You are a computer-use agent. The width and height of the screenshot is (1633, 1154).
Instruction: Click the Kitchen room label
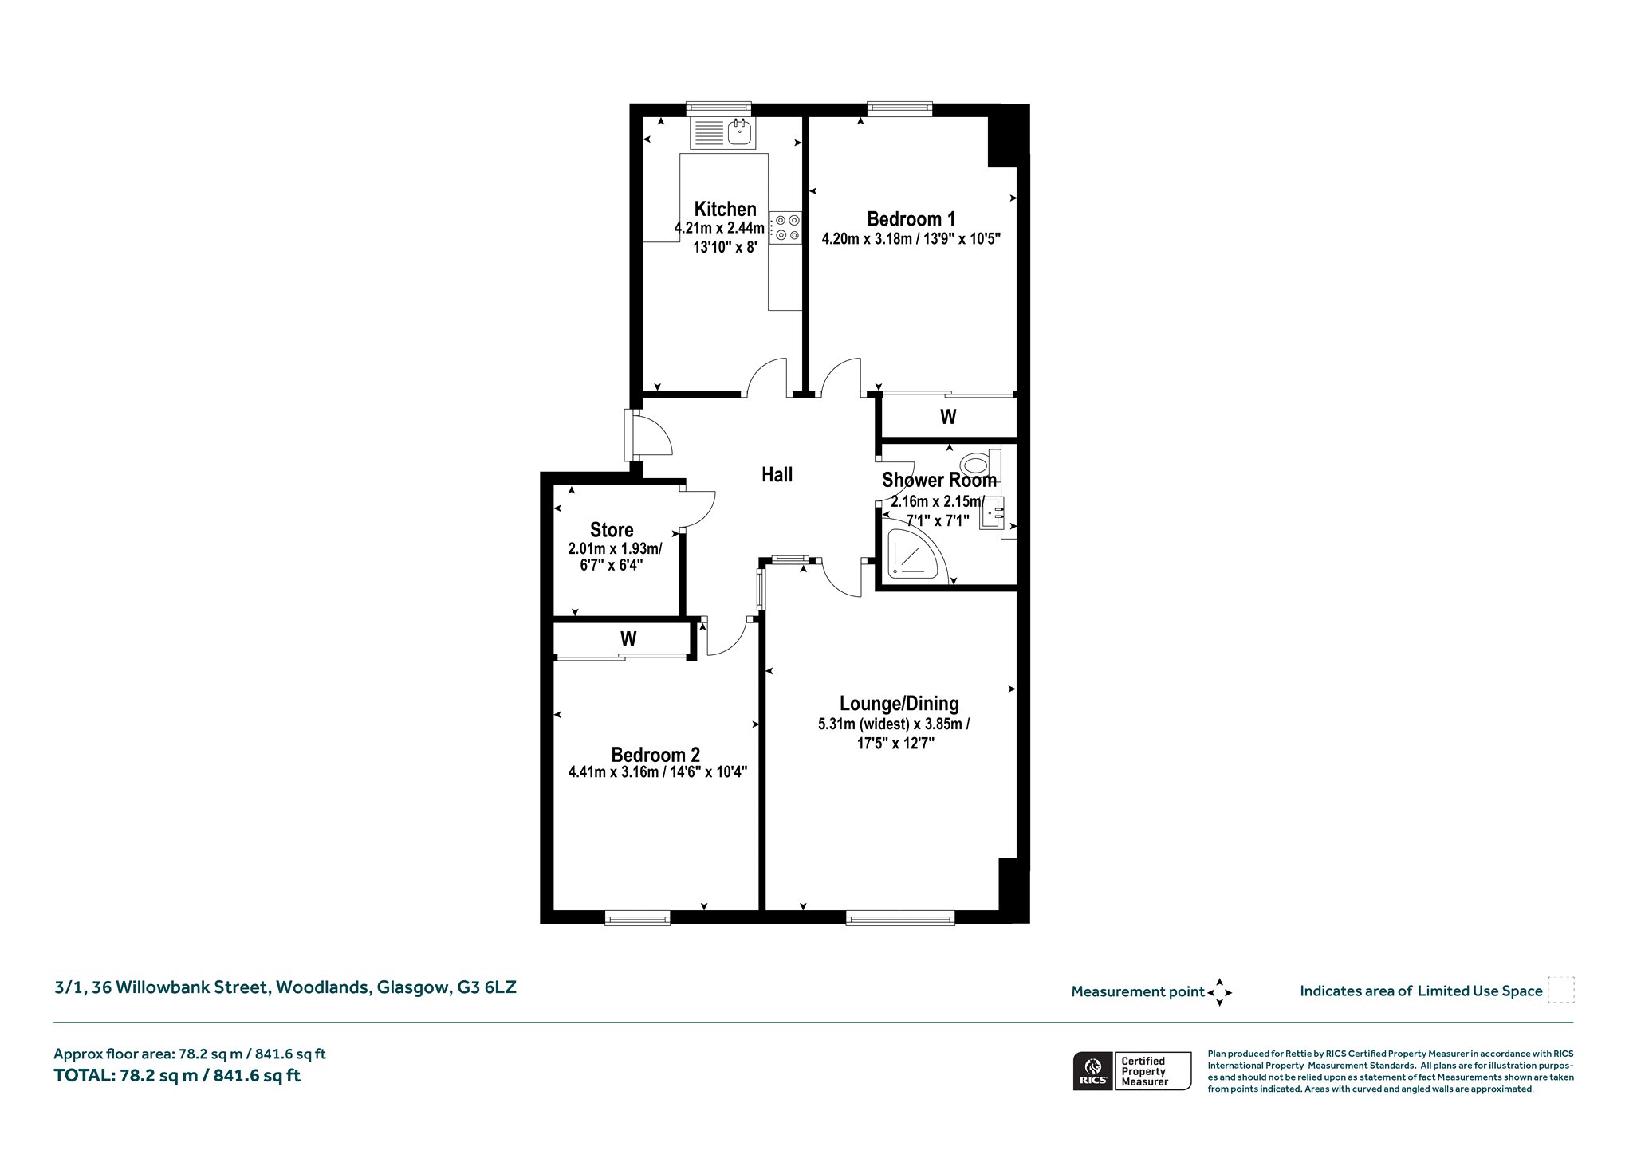[725, 210]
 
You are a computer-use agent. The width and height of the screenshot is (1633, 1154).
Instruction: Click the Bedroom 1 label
[911, 219]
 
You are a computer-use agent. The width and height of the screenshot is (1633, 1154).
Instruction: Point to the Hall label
[777, 475]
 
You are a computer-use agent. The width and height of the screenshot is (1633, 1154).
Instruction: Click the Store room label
[612, 530]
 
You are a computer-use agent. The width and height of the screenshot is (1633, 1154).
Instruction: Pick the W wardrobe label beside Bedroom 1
[948, 417]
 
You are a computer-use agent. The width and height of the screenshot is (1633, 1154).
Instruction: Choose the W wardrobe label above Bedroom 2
[628, 639]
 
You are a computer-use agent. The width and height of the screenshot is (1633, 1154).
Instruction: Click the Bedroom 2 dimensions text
[657, 772]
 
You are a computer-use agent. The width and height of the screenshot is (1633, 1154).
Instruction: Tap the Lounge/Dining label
[899, 704]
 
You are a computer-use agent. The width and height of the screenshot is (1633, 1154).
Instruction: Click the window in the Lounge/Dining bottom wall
[900, 918]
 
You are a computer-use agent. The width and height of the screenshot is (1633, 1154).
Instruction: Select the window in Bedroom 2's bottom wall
[637, 918]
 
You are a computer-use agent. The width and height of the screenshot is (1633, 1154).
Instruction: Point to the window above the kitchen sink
[719, 109]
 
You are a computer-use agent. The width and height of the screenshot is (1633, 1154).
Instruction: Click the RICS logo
[1092, 1070]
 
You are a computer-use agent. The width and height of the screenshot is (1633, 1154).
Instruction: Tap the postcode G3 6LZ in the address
[486, 987]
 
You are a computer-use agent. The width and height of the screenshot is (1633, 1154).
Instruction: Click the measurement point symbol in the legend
[1219, 992]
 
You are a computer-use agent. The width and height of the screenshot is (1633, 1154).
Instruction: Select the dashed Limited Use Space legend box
[1561, 990]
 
